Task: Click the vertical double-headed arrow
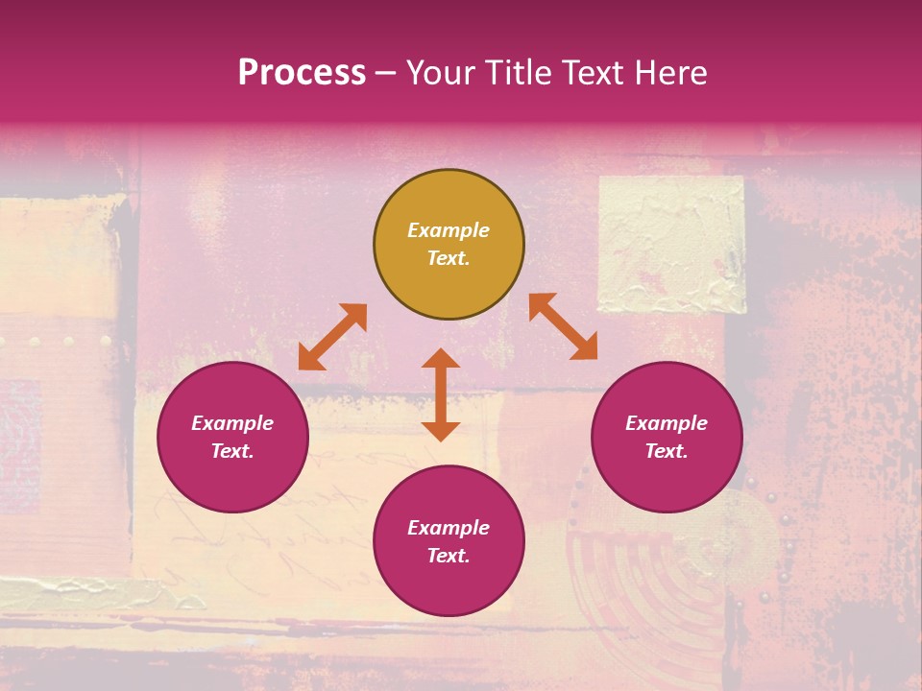(x=441, y=394)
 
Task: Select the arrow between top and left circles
(x=332, y=337)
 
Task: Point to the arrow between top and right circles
(x=563, y=326)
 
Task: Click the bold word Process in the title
(x=302, y=72)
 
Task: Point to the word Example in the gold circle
(x=449, y=230)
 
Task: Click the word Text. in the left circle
(x=233, y=451)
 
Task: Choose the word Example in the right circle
(x=667, y=423)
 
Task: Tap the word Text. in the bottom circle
(x=449, y=556)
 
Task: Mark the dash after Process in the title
(x=386, y=73)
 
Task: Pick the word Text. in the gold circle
(x=449, y=258)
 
